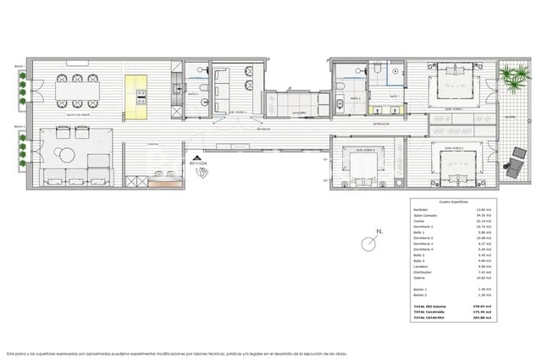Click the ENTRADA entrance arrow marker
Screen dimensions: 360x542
(x=198, y=158)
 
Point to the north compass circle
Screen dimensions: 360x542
(x=369, y=244)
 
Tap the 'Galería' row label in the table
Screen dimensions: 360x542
(x=419, y=278)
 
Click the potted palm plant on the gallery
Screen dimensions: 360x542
(x=513, y=81)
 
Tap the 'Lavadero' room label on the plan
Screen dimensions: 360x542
(x=297, y=112)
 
